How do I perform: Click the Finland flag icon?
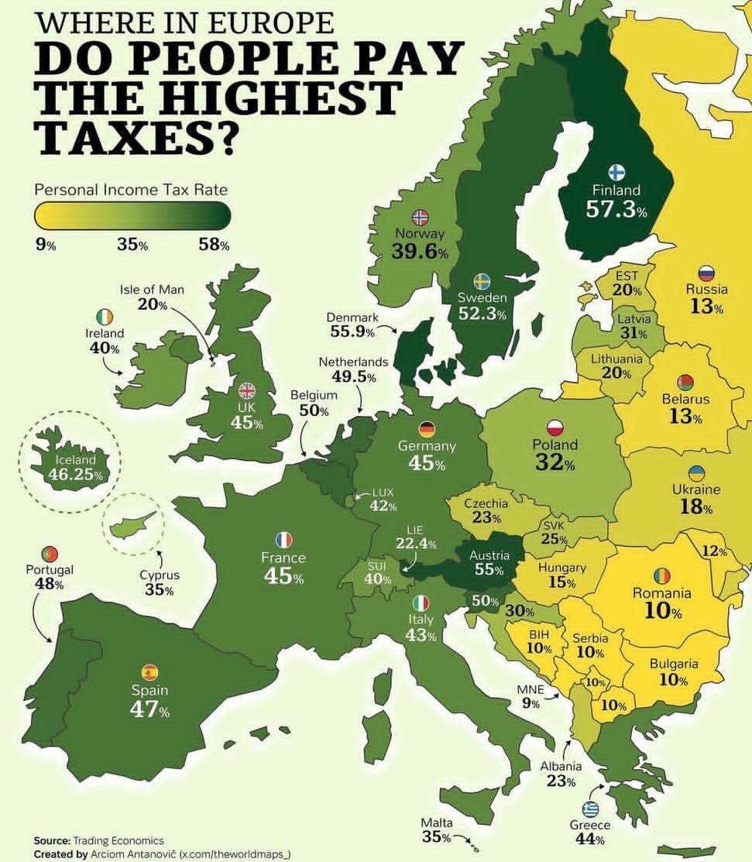point(616,172)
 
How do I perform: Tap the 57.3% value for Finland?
point(616,211)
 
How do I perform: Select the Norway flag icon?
point(420,217)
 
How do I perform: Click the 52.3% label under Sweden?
point(481,314)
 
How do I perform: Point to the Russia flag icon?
point(706,273)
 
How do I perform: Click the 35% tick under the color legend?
point(132,245)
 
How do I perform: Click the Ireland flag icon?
point(105,317)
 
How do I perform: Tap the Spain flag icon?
point(149,672)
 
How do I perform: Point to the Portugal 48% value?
point(49,584)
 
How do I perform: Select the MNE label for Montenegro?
point(531,690)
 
